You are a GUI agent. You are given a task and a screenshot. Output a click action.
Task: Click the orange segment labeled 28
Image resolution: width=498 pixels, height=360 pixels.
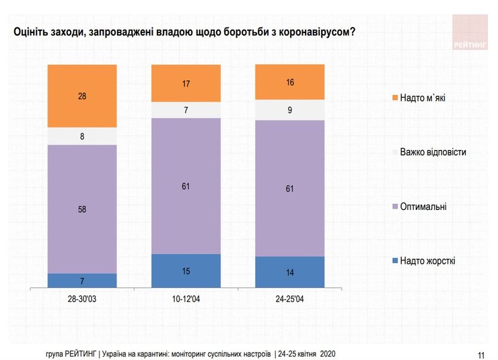(x=82, y=96)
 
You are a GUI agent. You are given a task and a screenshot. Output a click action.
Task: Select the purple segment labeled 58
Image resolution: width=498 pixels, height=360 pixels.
(x=82, y=209)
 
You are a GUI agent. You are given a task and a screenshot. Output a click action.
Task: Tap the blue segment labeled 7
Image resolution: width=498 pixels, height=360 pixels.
(x=82, y=281)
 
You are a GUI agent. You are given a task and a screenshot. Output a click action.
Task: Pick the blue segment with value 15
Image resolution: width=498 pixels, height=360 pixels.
(x=186, y=271)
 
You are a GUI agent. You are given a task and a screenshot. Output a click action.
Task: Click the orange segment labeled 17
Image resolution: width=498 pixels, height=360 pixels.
(x=186, y=83)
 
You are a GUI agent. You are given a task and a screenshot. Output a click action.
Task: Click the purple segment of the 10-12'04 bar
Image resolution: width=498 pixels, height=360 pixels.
(x=186, y=186)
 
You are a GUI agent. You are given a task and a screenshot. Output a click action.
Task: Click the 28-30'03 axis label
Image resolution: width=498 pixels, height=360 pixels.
(x=82, y=297)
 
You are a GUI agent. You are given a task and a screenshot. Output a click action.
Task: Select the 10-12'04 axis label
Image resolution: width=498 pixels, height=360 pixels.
(x=186, y=297)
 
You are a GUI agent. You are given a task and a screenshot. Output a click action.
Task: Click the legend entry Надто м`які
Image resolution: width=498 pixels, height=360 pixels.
(x=422, y=98)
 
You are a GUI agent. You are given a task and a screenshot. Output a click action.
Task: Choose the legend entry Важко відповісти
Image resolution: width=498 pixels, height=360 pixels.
(x=432, y=152)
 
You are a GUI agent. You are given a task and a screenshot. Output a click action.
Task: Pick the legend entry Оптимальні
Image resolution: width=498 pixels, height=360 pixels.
(x=423, y=207)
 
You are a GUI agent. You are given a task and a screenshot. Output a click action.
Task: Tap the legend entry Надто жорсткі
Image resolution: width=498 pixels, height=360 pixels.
(x=427, y=260)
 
